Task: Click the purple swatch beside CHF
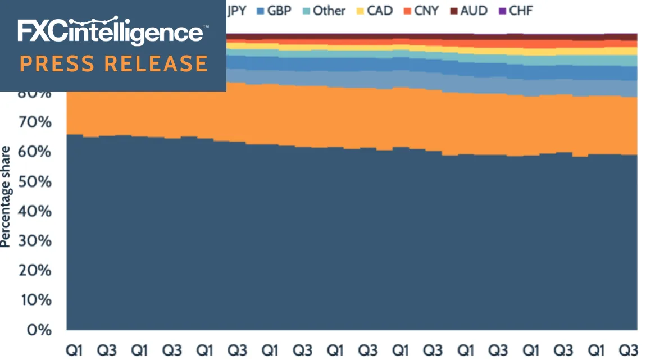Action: (502, 11)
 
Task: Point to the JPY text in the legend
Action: (236, 11)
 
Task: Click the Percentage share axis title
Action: (6, 197)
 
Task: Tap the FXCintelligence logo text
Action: (110, 31)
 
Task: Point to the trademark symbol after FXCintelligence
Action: (206, 26)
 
